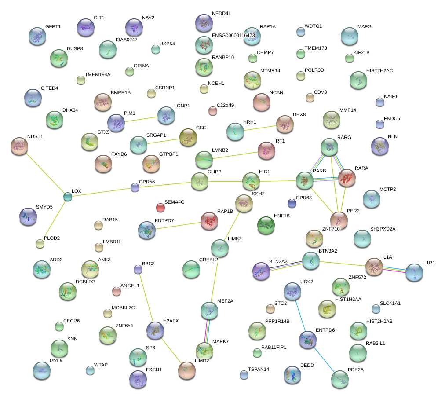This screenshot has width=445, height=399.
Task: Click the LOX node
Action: coord(67,197)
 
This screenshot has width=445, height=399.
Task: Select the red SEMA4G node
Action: coord(160,207)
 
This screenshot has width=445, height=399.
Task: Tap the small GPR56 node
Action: coord(135,187)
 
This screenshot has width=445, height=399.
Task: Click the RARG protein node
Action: coord(329,147)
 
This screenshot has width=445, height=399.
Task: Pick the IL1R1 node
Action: coord(414,272)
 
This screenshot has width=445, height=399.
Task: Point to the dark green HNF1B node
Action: coord(266,225)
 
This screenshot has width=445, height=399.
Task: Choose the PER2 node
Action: coord(339,220)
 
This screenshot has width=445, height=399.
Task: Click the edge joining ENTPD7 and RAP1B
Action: coord(178,225)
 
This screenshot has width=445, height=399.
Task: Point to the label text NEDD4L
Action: coord(221,14)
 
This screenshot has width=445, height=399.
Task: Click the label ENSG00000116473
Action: coord(233,35)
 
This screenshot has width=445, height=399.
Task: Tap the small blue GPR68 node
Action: coord(292,203)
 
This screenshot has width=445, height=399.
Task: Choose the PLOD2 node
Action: coord(40,243)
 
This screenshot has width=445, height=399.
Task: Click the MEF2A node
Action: coord(209,311)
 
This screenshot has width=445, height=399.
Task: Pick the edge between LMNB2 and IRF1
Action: coord(231,156)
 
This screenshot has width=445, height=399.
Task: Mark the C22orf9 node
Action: coord(213,111)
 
